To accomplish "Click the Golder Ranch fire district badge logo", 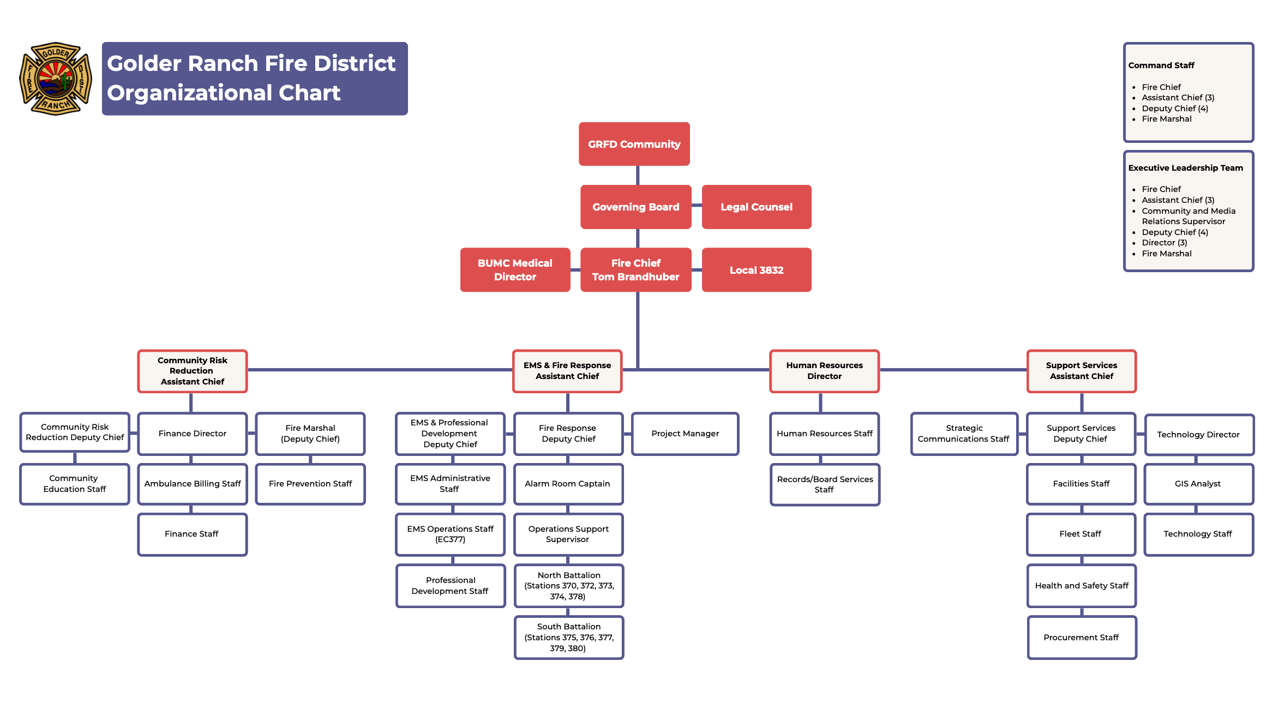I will (56, 79).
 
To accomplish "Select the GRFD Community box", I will (634, 144).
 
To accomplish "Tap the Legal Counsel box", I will (756, 207).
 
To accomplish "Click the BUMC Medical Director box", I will (515, 270).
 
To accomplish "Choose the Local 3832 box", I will (756, 270).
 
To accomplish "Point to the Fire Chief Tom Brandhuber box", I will (635, 270).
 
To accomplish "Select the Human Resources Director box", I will (824, 371).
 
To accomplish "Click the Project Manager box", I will (685, 434).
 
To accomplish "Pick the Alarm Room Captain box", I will (568, 484).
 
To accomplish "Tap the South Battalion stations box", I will (568, 637).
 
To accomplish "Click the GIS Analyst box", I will (1198, 484).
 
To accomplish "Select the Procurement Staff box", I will (1081, 637).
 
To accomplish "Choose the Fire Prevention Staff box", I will (310, 484).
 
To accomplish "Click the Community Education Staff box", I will (75, 484).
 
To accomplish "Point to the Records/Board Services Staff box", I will (825, 484).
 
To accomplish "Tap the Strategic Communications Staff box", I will (964, 434).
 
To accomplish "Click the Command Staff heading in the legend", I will (1161, 65).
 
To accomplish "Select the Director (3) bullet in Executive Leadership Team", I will (1164, 243).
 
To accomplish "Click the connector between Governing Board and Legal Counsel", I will (697, 206).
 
